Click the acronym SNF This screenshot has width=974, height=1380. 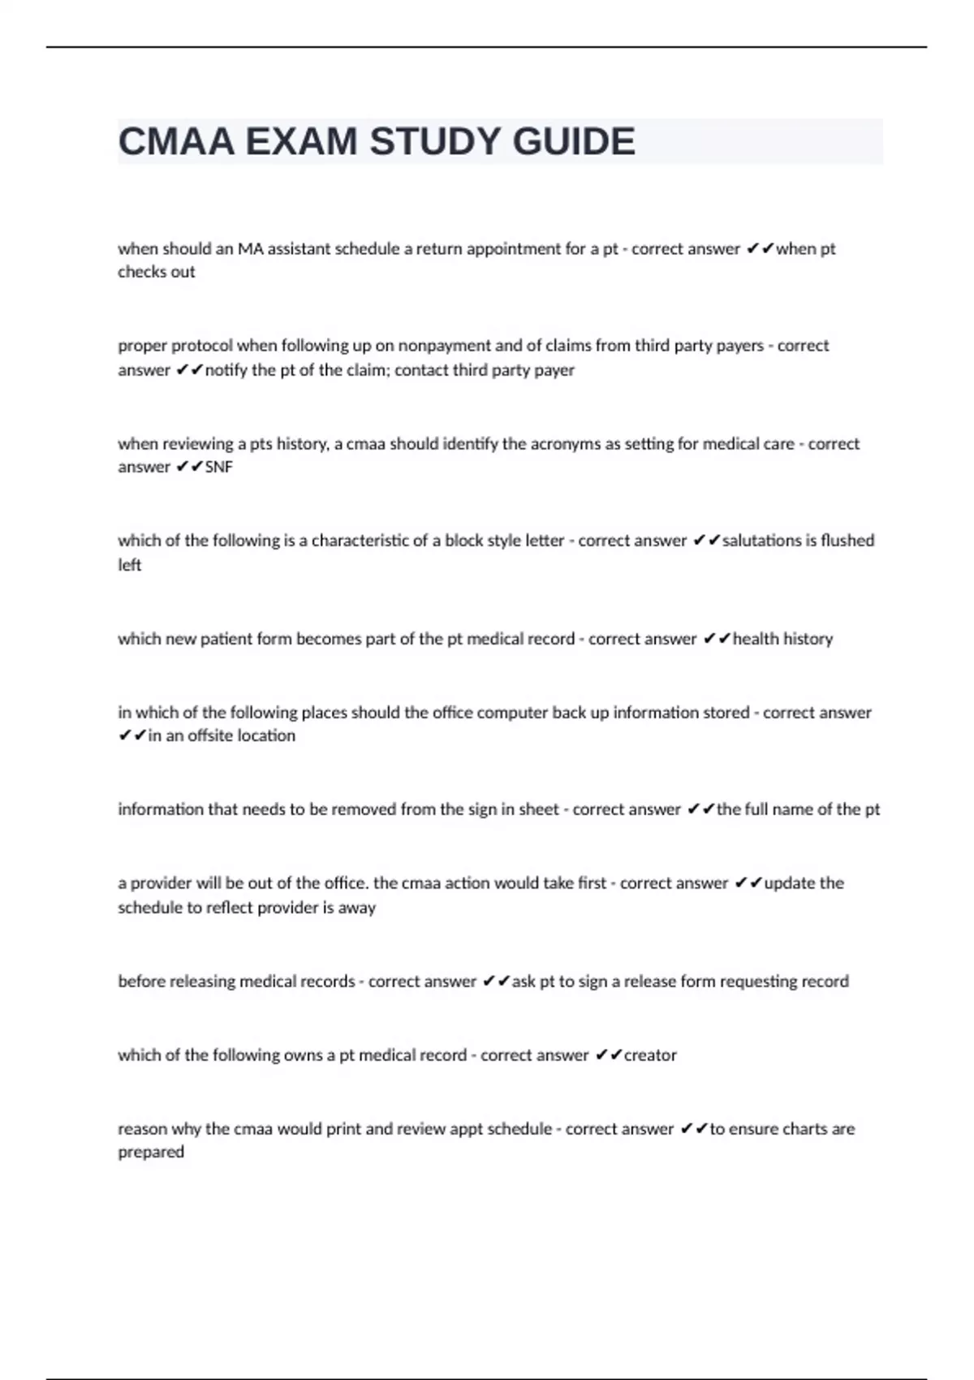[x=219, y=468]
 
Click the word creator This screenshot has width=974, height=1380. [x=650, y=1055]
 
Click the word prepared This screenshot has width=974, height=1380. [x=151, y=1152]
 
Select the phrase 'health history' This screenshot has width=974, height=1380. [x=782, y=639]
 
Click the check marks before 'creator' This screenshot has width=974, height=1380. [x=608, y=1055]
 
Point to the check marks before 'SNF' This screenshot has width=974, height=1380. [x=189, y=468]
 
